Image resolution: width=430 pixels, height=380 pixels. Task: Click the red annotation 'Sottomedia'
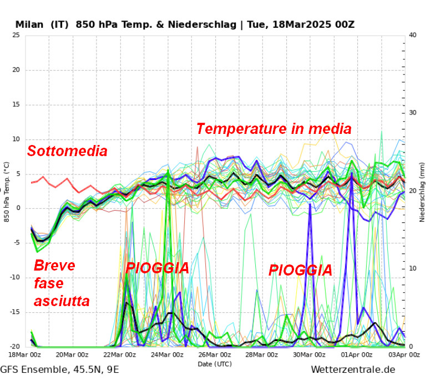coord(67,151)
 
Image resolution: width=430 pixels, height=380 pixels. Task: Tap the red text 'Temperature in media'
coord(274,129)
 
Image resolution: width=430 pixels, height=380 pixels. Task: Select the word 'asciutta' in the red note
coord(62,302)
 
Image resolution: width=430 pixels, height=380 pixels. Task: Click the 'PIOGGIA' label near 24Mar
coord(157,268)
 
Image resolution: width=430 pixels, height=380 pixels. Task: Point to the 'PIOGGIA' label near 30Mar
coord(300,271)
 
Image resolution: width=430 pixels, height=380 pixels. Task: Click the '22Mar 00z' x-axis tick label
coord(120,355)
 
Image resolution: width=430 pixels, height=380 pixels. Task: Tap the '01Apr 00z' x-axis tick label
coord(357,355)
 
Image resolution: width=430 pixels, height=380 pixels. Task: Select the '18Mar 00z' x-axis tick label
coord(26,355)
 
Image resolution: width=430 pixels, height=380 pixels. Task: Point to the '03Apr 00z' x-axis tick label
coord(404,355)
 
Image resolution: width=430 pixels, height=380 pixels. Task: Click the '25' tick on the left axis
coord(16,35)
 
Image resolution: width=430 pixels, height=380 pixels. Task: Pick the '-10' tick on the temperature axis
coord(14,278)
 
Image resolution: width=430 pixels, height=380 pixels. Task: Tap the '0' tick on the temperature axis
coord(18,208)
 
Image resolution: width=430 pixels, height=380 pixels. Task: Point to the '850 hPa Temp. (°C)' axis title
coord(7,192)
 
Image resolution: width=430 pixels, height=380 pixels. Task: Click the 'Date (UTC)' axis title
coord(215,364)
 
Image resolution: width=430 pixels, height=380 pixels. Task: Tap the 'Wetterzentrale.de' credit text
coord(353,369)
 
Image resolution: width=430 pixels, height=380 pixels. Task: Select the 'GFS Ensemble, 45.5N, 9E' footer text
coord(59,369)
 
